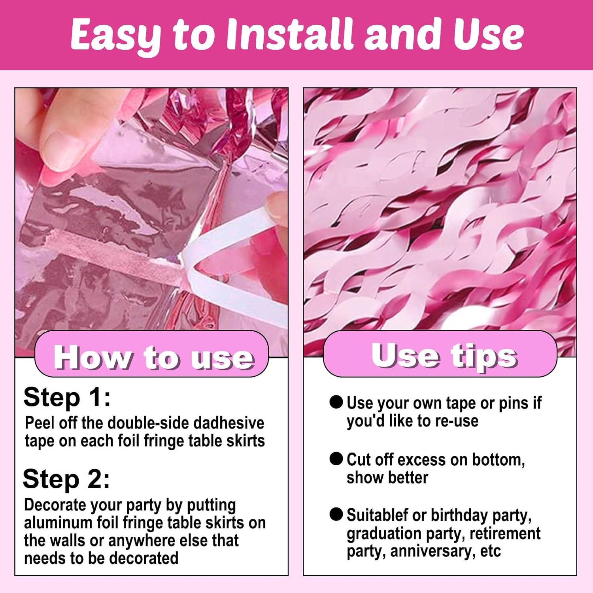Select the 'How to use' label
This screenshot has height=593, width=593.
153,357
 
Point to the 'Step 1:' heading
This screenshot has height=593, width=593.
67,397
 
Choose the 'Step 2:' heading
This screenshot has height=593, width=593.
66,479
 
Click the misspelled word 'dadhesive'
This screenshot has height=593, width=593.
229,423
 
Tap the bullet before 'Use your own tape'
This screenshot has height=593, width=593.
336,402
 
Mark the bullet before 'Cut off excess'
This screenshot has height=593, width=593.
336,459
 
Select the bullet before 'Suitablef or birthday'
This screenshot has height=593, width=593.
336,514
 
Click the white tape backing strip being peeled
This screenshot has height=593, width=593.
233,257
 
